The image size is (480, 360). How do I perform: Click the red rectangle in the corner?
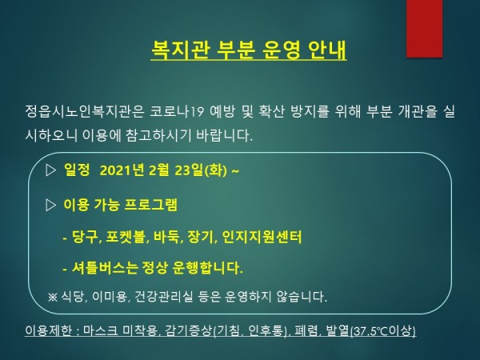pyautogui.click(x=424, y=29)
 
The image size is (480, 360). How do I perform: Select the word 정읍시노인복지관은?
pyautogui.click(x=85, y=112)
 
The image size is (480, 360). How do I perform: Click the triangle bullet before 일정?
pyautogui.click(x=50, y=170)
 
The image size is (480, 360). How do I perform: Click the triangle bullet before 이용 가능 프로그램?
pyautogui.click(x=50, y=205)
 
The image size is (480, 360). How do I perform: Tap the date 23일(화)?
pyautogui.click(x=201, y=170)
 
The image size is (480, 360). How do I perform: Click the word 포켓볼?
pyautogui.click(x=126, y=237)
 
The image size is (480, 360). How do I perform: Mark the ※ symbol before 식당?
pyautogui.click(x=52, y=297)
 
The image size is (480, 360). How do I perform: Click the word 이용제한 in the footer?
pyautogui.click(x=48, y=330)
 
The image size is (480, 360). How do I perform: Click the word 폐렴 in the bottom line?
pyautogui.click(x=306, y=330)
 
